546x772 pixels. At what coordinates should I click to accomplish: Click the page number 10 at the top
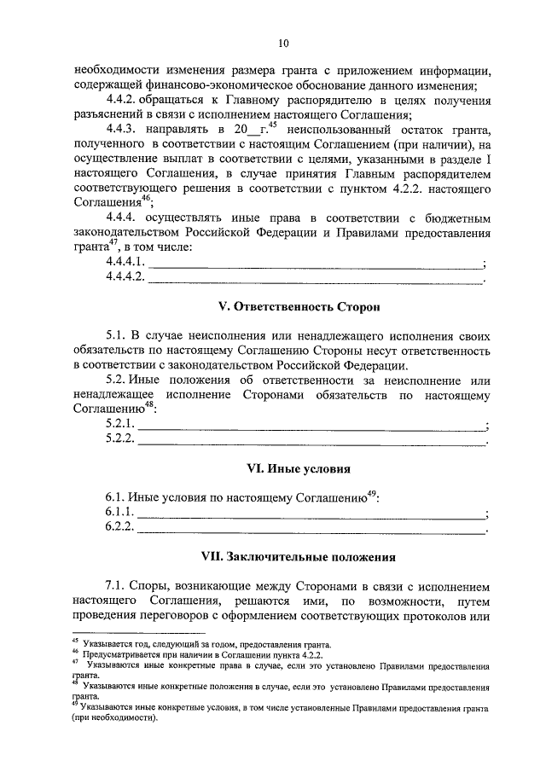(283, 44)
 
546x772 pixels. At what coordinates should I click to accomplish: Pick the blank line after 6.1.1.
(311, 514)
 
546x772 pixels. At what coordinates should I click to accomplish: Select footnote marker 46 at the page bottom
(75, 653)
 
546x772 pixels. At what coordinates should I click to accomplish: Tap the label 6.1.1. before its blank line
(119, 512)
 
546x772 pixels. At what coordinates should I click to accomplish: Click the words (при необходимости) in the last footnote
(115, 718)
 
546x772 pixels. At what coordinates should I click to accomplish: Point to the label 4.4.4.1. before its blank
(125, 261)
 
